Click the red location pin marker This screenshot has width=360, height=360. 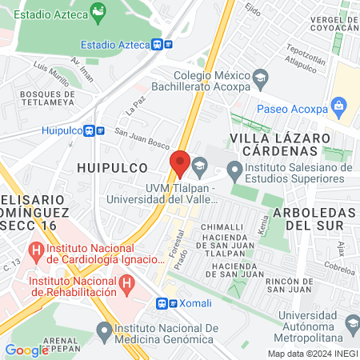[180, 163]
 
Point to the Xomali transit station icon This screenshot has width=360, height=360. [162, 303]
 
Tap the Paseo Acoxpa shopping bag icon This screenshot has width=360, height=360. [339, 105]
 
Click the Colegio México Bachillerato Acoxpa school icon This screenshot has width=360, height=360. [260, 78]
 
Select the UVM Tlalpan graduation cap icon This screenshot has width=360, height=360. [198, 166]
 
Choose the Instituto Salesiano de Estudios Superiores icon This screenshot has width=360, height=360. [234, 168]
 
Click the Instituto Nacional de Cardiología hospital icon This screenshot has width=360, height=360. [36, 250]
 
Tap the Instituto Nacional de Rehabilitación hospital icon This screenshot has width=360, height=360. [126, 282]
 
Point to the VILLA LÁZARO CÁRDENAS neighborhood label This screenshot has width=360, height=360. [279, 144]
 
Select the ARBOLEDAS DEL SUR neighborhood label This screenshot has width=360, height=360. [313, 218]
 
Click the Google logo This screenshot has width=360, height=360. [26, 350]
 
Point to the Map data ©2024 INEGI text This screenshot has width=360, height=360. [312, 354]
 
